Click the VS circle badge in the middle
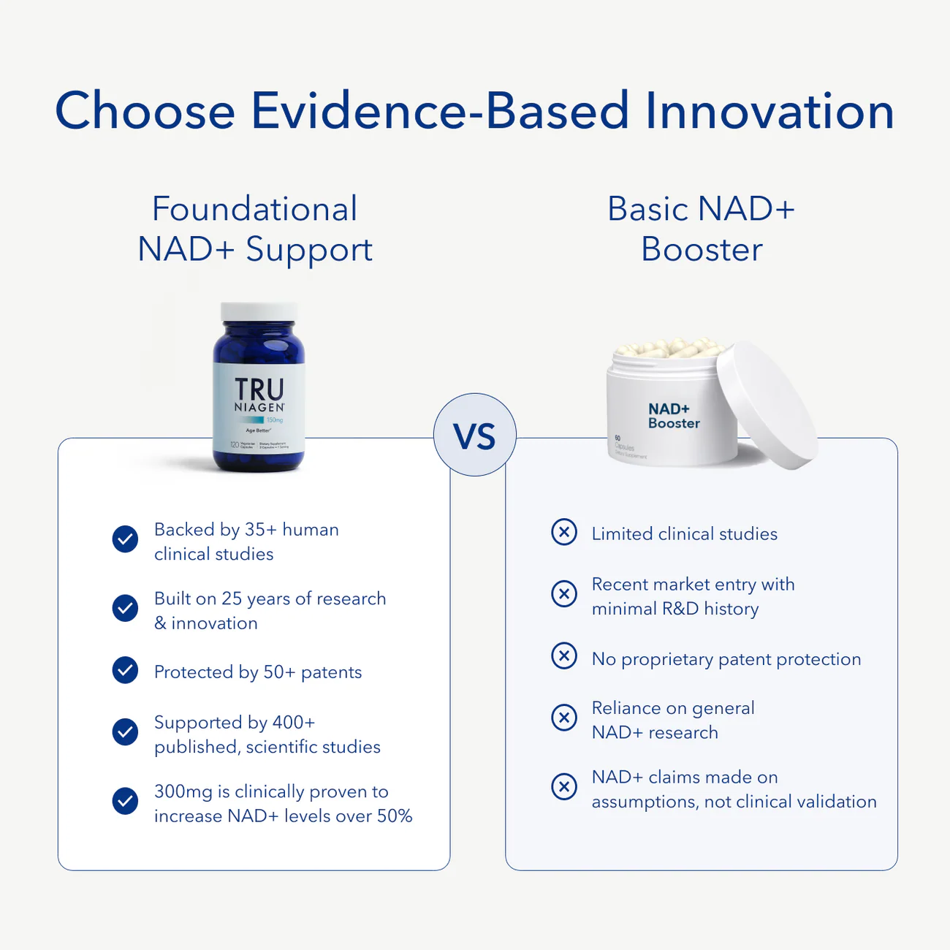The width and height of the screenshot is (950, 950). point(475,436)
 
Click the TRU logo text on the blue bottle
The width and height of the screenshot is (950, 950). point(259,389)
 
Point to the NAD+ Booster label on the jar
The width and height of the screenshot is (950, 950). point(673,416)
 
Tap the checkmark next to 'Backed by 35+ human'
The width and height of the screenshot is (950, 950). point(125,539)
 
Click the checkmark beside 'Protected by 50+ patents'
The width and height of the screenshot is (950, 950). point(125,670)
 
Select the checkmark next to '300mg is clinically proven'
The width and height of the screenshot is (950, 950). point(125,801)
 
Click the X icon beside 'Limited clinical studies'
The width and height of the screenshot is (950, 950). point(564,532)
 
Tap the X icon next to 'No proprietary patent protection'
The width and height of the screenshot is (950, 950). point(564,656)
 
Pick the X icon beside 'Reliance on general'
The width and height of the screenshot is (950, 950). point(564,718)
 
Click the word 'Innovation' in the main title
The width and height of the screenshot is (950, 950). point(769,111)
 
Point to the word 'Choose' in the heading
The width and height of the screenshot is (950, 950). point(145,111)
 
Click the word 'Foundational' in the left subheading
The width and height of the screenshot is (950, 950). point(254,209)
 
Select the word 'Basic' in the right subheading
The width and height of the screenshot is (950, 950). point(648,209)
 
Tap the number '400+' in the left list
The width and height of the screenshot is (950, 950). point(293,722)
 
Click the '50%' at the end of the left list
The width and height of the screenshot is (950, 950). point(395,816)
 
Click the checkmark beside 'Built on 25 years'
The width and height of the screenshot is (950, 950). point(125,608)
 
